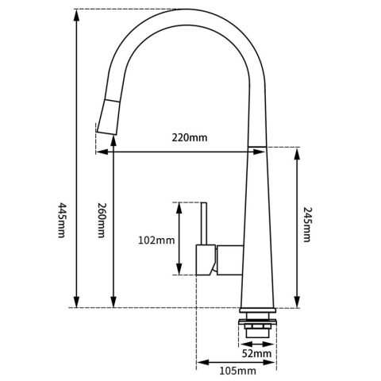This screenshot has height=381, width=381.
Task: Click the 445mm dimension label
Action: coord(61,219)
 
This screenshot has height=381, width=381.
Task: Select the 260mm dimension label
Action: coord(101,220)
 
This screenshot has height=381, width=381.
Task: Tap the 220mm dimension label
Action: coord(190,137)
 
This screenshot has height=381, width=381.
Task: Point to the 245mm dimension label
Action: coord(307,225)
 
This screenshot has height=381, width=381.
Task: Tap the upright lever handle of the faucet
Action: coord(204,223)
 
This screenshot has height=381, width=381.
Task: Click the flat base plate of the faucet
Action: coord(257,308)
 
